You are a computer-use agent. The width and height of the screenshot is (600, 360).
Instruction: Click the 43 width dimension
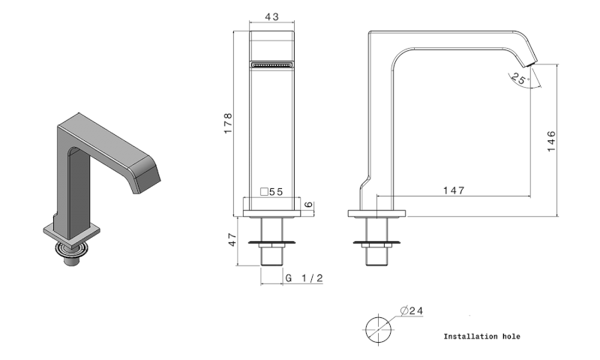[271, 16]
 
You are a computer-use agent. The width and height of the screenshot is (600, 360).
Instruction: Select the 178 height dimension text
[229, 124]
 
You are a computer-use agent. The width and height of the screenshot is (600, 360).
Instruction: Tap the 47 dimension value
[232, 239]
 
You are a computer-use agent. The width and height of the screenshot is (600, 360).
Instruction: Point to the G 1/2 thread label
[304, 278]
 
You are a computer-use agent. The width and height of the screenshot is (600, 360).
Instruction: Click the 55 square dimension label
[271, 192]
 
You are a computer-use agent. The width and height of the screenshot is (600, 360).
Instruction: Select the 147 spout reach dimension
[452, 190]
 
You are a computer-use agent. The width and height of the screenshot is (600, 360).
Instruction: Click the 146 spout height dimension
[551, 141]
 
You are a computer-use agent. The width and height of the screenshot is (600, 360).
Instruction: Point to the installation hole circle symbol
[379, 328]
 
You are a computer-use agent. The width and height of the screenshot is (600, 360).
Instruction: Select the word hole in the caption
[511, 337]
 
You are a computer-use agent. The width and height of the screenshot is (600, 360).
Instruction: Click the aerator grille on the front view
[271, 64]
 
